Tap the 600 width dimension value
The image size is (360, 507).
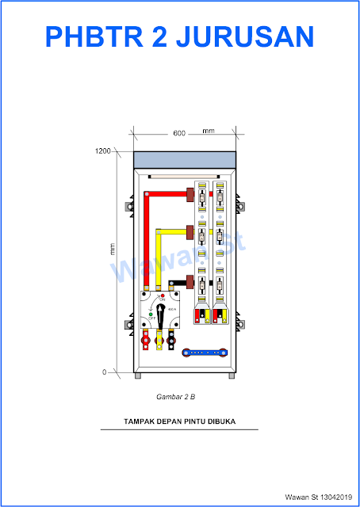179,132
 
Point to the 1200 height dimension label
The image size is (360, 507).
101,151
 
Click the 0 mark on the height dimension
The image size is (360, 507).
104,372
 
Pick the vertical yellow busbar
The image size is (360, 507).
159,257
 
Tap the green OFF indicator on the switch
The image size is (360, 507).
151,315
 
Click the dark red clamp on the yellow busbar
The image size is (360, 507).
191,232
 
